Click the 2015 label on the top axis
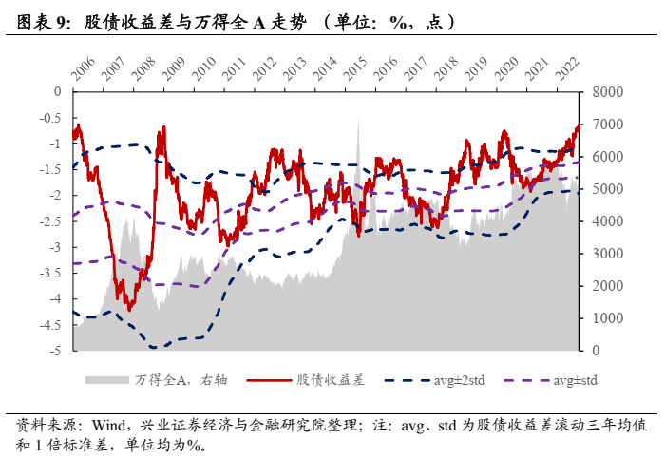point(356,69)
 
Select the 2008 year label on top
point(143,69)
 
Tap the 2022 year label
point(568,69)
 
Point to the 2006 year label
point(83,69)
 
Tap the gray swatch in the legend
point(105,380)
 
